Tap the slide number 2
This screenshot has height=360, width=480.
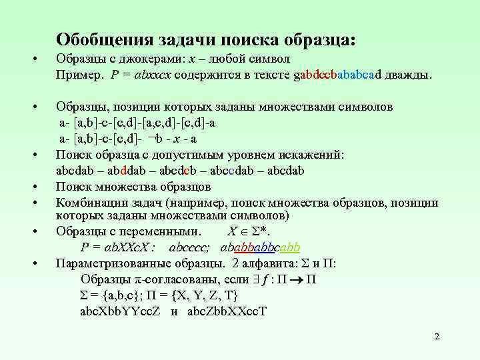pyautogui.click(x=437, y=337)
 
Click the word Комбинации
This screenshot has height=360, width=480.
pyautogui.click(x=87, y=202)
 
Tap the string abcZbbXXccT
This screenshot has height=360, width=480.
pyautogui.click(x=226, y=311)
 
